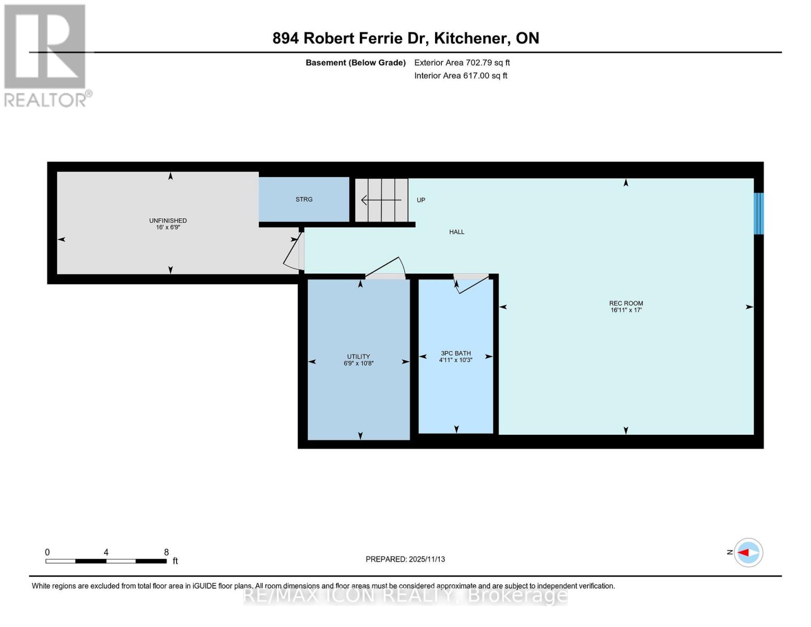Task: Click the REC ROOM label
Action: pos(626,304)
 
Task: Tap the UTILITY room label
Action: pos(358,357)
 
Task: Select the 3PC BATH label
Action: pos(455,354)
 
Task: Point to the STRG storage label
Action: pos(304,200)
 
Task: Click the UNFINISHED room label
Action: pos(168,221)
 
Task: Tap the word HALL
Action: pos(456,232)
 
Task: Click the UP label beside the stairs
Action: pos(420,200)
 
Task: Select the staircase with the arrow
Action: pos(382,200)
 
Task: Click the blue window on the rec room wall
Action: pos(758,213)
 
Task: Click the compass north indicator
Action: pos(748,552)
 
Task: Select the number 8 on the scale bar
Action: pos(166,552)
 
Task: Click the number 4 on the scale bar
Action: pos(106,552)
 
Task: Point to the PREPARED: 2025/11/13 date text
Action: pos(405,559)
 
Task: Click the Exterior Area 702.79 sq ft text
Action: pos(462,63)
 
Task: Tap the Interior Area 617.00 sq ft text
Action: pos(461,76)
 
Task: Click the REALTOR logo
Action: pos(46,55)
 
